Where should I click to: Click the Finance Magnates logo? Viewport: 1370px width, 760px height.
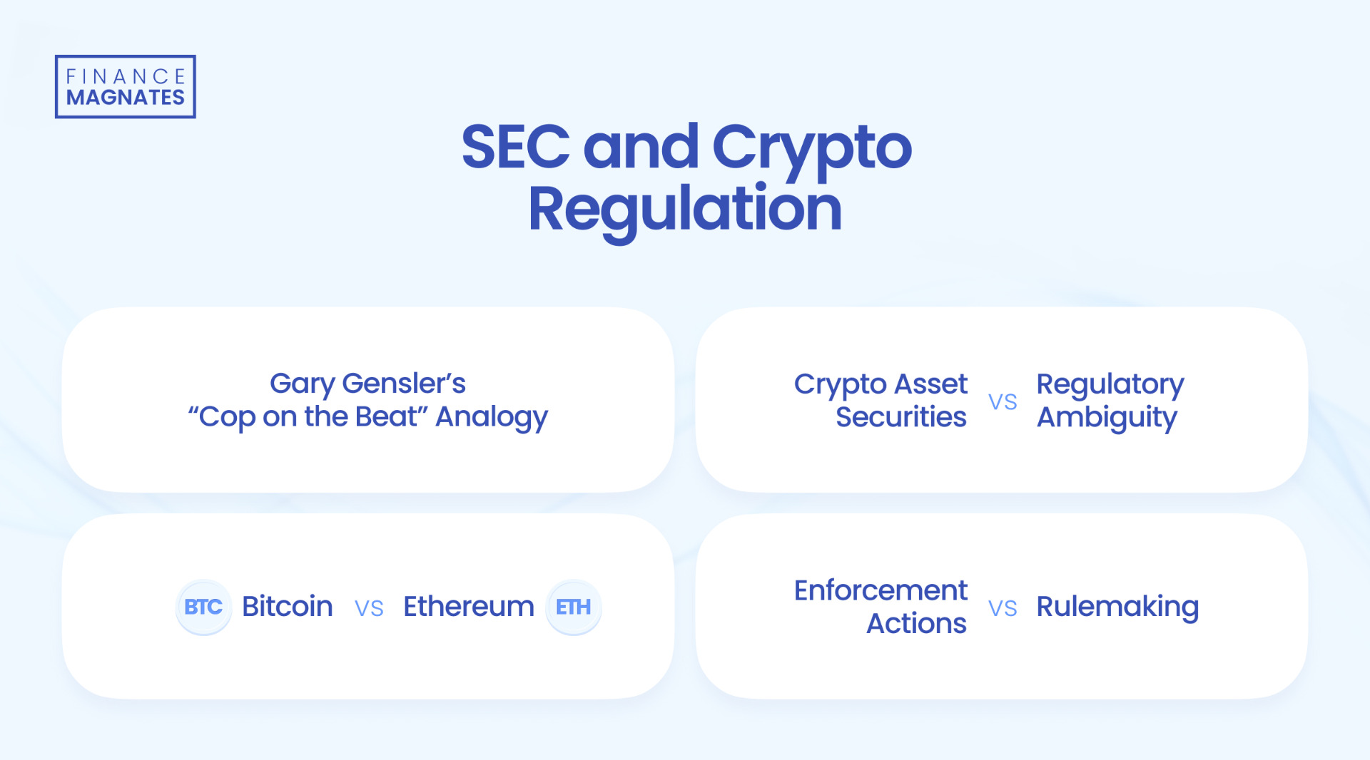[126, 87]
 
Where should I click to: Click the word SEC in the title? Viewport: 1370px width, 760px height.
[515, 147]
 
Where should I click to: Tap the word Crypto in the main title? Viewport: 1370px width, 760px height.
[811, 148]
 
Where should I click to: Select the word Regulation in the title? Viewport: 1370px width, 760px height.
[685, 209]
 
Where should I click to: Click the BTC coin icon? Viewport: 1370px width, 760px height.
[203, 607]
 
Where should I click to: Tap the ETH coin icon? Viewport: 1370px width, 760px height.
[574, 607]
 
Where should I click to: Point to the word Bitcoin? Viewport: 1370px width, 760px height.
[288, 607]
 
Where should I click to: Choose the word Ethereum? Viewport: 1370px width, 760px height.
[469, 607]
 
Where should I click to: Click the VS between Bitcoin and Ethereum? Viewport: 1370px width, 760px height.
[369, 608]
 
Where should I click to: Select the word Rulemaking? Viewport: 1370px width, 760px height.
[1117, 607]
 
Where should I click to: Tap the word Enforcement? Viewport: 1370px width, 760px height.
[881, 590]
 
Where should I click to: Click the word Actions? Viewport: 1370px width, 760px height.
[916, 624]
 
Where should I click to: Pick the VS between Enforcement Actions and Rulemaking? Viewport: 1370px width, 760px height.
[1003, 608]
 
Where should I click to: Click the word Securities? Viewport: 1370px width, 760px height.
[901, 417]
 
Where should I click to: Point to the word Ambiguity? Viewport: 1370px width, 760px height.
[1107, 418]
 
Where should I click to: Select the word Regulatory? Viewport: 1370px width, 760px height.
[1110, 385]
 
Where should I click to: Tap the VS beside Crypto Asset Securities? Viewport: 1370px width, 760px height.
[1003, 402]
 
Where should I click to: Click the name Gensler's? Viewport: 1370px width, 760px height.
[404, 384]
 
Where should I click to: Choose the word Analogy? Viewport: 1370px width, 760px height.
[492, 417]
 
